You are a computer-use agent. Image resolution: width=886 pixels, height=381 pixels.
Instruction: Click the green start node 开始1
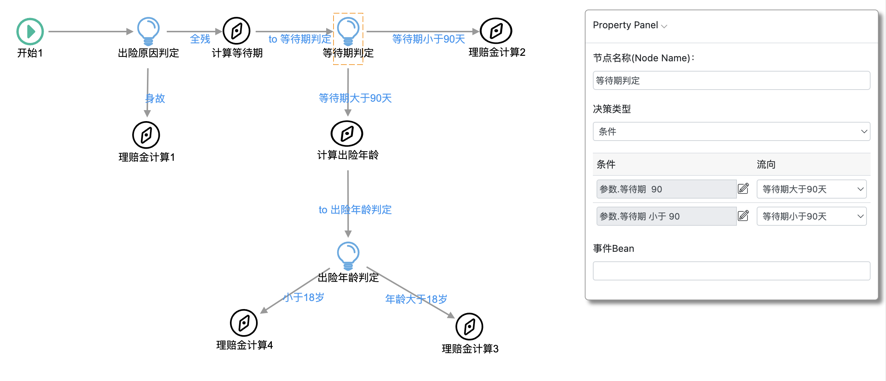[30, 32]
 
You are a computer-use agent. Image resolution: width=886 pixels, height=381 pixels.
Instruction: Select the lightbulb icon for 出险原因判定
[148, 31]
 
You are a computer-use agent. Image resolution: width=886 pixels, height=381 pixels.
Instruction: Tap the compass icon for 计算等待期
[237, 31]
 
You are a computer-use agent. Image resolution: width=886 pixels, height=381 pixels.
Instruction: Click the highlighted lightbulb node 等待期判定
[348, 31]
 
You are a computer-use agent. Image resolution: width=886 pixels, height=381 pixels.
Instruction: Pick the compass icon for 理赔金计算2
[496, 31]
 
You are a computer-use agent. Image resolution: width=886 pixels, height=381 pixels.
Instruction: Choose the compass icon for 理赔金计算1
[146, 135]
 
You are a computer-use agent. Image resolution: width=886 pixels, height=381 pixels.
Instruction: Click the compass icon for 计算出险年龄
[347, 134]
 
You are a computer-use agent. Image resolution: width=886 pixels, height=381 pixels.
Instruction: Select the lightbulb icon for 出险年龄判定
[348, 255]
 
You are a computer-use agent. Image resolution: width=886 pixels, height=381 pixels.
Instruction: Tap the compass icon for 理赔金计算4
[244, 323]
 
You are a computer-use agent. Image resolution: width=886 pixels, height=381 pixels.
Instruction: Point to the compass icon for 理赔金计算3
[469, 327]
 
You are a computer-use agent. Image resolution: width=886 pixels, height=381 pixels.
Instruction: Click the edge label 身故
[155, 98]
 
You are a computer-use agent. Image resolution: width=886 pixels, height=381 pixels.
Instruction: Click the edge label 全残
[200, 39]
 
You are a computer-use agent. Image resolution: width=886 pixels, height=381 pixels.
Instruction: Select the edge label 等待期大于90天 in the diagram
[355, 98]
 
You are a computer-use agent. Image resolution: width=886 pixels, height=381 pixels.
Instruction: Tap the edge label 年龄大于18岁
[416, 299]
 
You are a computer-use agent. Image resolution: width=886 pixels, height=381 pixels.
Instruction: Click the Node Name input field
[731, 80]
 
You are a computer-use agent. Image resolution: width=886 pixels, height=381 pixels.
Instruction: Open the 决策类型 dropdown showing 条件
[731, 131]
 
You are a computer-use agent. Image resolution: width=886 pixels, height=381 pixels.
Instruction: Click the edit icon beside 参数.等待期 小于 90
[743, 216]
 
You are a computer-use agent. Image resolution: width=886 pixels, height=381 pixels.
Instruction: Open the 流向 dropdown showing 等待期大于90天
[811, 189]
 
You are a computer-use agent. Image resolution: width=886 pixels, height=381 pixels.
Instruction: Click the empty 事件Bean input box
[731, 271]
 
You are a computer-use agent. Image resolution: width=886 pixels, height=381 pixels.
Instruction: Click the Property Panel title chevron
[664, 26]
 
